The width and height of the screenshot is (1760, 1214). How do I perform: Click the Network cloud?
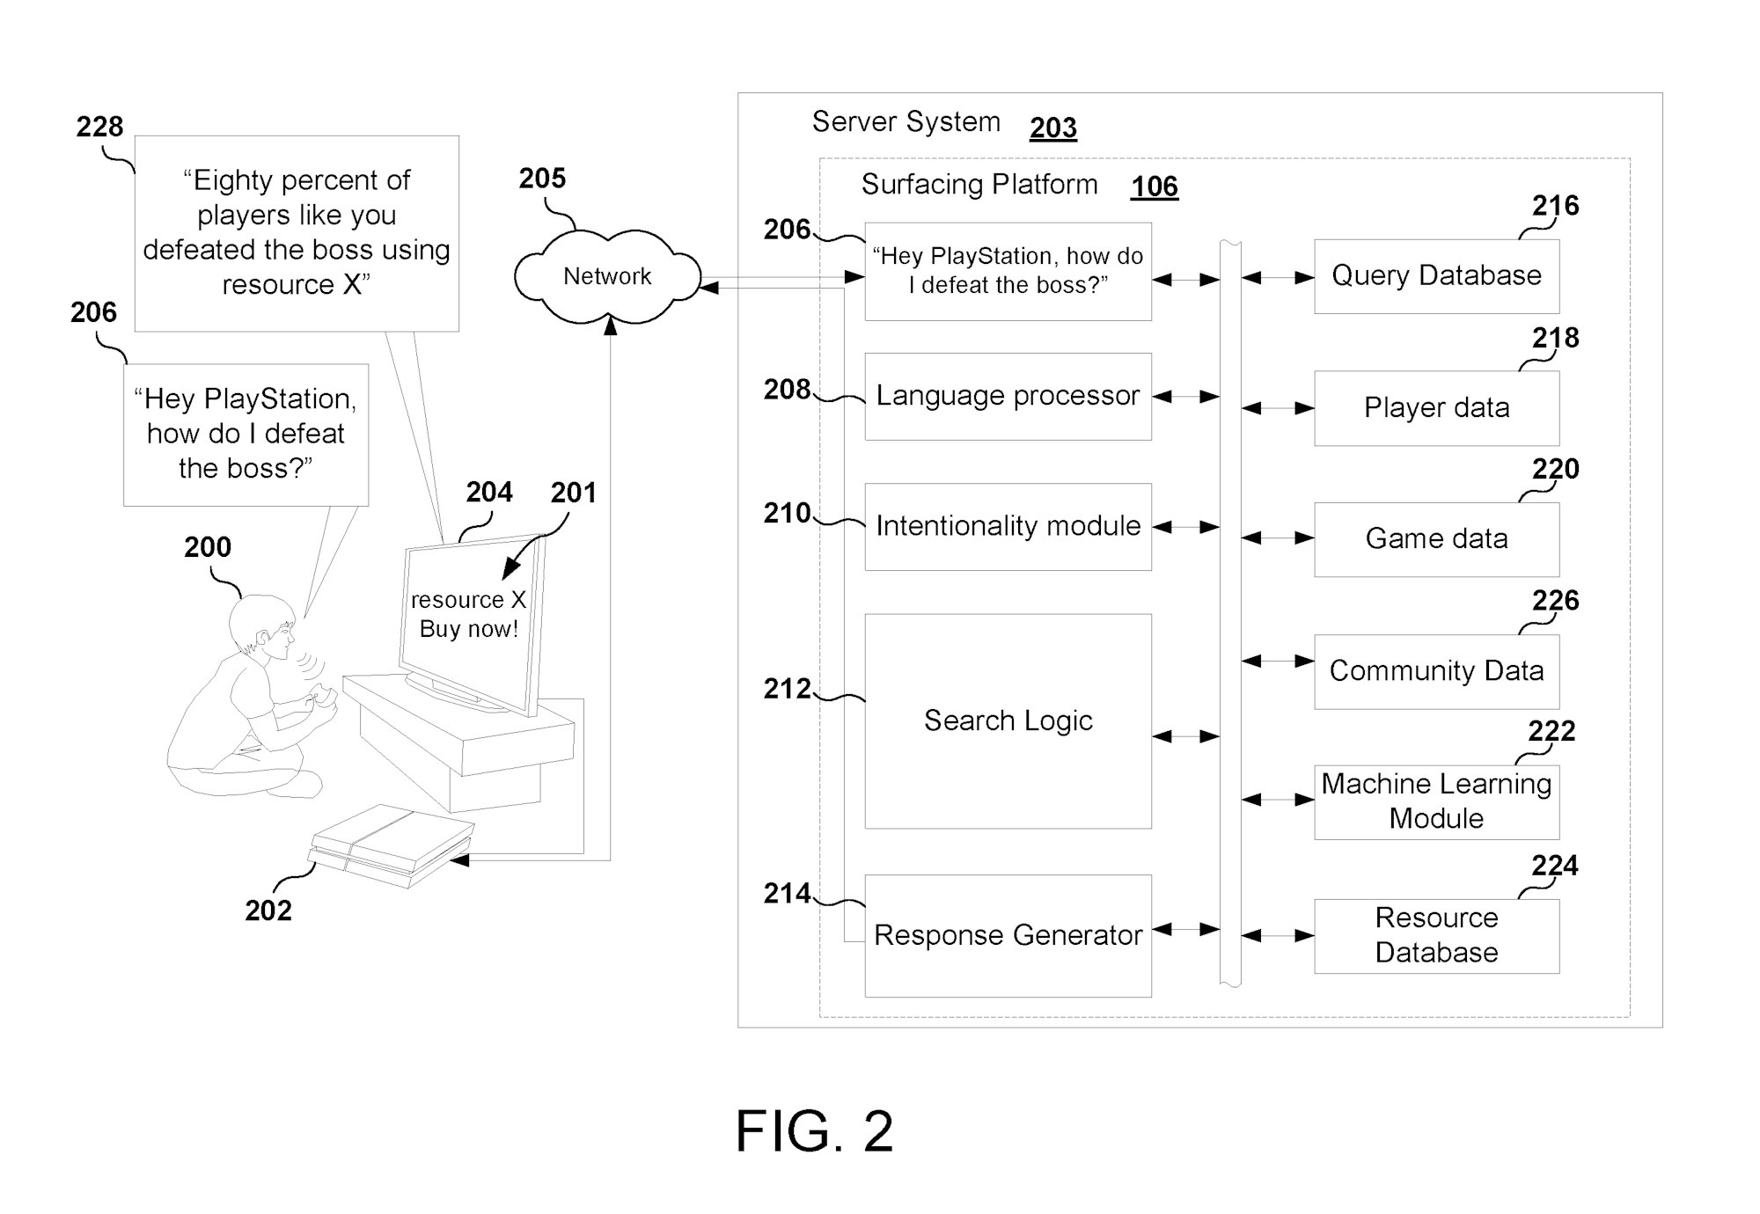[x=607, y=276]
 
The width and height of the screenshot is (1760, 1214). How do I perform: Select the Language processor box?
[x=1008, y=396]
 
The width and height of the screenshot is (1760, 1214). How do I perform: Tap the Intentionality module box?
[x=1008, y=526]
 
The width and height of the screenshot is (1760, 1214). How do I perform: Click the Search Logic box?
[x=1008, y=720]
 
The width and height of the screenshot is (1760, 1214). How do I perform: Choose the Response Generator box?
[x=1008, y=934]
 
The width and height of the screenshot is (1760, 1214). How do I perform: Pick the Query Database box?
[x=1436, y=275]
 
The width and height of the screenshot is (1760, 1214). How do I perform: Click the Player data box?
[x=1436, y=407]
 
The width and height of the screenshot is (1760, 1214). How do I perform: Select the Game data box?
[x=1436, y=538]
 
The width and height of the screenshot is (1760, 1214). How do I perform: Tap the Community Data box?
[x=1436, y=670]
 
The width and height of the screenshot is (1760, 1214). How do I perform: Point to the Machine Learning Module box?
[x=1436, y=801]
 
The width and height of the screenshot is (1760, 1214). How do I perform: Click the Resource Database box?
[x=1436, y=935]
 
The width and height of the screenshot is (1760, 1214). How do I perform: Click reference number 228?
[x=99, y=127]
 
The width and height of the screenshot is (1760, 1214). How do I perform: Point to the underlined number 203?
[x=1052, y=128]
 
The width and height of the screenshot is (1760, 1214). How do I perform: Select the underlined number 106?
[x=1154, y=186]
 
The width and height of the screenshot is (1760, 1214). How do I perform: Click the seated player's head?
[x=261, y=625]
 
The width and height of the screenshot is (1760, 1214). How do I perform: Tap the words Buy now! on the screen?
[x=468, y=629]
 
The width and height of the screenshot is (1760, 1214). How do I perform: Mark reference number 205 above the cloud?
[x=542, y=179]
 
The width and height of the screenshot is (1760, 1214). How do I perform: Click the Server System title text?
[x=906, y=121]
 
